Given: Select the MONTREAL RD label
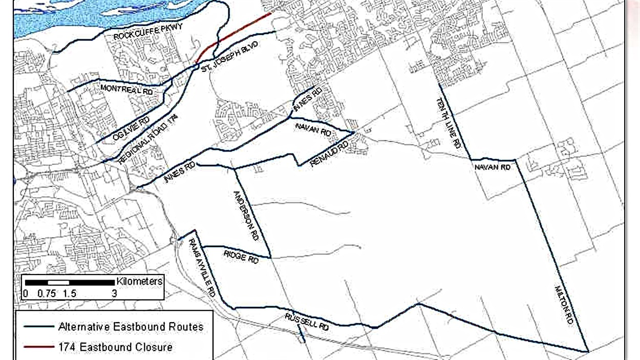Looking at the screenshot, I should click(x=127, y=89).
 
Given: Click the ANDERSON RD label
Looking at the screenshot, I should click(x=246, y=216).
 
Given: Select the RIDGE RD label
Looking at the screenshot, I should click(x=241, y=256).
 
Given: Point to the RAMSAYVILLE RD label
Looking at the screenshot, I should click(x=201, y=267).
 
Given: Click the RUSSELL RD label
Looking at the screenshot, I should click(x=306, y=321).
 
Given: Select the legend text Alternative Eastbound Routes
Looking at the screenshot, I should click(x=131, y=327).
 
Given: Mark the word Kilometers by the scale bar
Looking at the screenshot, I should click(x=139, y=281).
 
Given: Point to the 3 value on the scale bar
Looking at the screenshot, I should click(x=114, y=294).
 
